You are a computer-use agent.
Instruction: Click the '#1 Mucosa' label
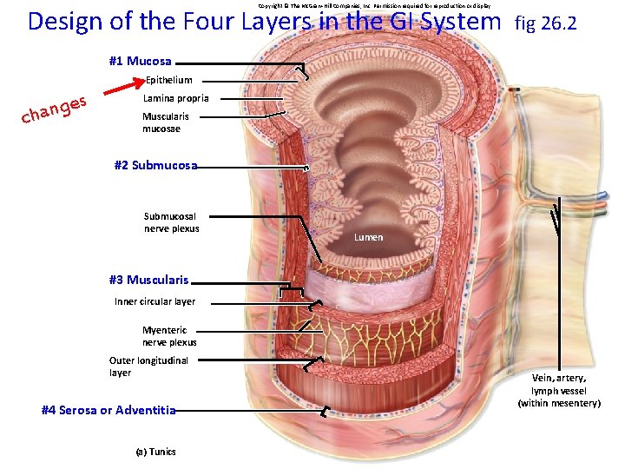(x=140, y=62)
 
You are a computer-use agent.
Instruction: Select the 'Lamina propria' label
(x=175, y=98)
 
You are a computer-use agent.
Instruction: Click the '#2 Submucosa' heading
(x=155, y=165)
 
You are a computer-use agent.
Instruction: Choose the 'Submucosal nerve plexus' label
(x=172, y=222)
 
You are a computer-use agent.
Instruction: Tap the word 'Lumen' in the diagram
(x=368, y=237)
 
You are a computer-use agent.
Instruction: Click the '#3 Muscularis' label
(x=148, y=280)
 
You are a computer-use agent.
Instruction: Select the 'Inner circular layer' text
(x=155, y=301)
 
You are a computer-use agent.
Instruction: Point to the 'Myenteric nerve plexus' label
(x=169, y=336)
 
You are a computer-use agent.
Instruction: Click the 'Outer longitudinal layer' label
(x=148, y=367)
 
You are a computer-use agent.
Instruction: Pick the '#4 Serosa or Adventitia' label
(x=109, y=410)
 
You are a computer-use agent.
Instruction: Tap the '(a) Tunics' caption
(x=155, y=452)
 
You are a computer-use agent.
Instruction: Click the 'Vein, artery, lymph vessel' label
(x=559, y=390)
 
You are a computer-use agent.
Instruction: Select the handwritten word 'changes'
(x=55, y=109)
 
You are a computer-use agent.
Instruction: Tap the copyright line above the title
(x=379, y=5)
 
